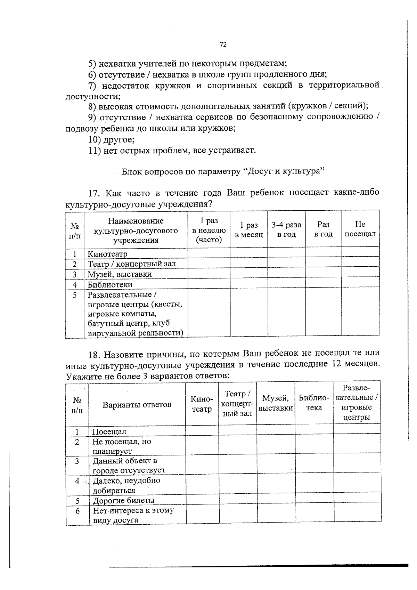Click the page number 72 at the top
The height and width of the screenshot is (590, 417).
tap(223, 45)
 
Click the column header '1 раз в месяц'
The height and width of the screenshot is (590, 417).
tap(249, 230)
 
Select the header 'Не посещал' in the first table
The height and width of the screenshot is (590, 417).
tap(360, 229)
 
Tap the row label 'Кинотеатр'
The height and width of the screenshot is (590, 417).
tap(107, 254)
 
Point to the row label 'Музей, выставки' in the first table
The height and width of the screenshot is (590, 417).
tap(120, 274)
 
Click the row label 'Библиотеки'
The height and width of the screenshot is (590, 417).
tap(110, 284)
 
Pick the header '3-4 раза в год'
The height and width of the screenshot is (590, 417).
tap(286, 229)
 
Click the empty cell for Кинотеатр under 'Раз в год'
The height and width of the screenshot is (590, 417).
tap(323, 252)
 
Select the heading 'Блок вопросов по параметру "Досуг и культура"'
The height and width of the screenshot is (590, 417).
tap(223, 172)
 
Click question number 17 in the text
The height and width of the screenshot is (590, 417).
tap(95, 193)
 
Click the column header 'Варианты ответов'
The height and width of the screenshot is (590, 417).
tap(137, 405)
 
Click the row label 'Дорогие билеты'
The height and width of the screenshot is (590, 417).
tap(123, 500)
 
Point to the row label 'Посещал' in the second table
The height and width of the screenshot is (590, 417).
tap(109, 431)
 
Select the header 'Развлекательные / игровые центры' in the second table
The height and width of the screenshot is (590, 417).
tap(357, 403)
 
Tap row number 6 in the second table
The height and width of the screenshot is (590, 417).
tap(77, 511)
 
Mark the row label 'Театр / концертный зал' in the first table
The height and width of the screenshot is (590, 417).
tap(132, 264)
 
